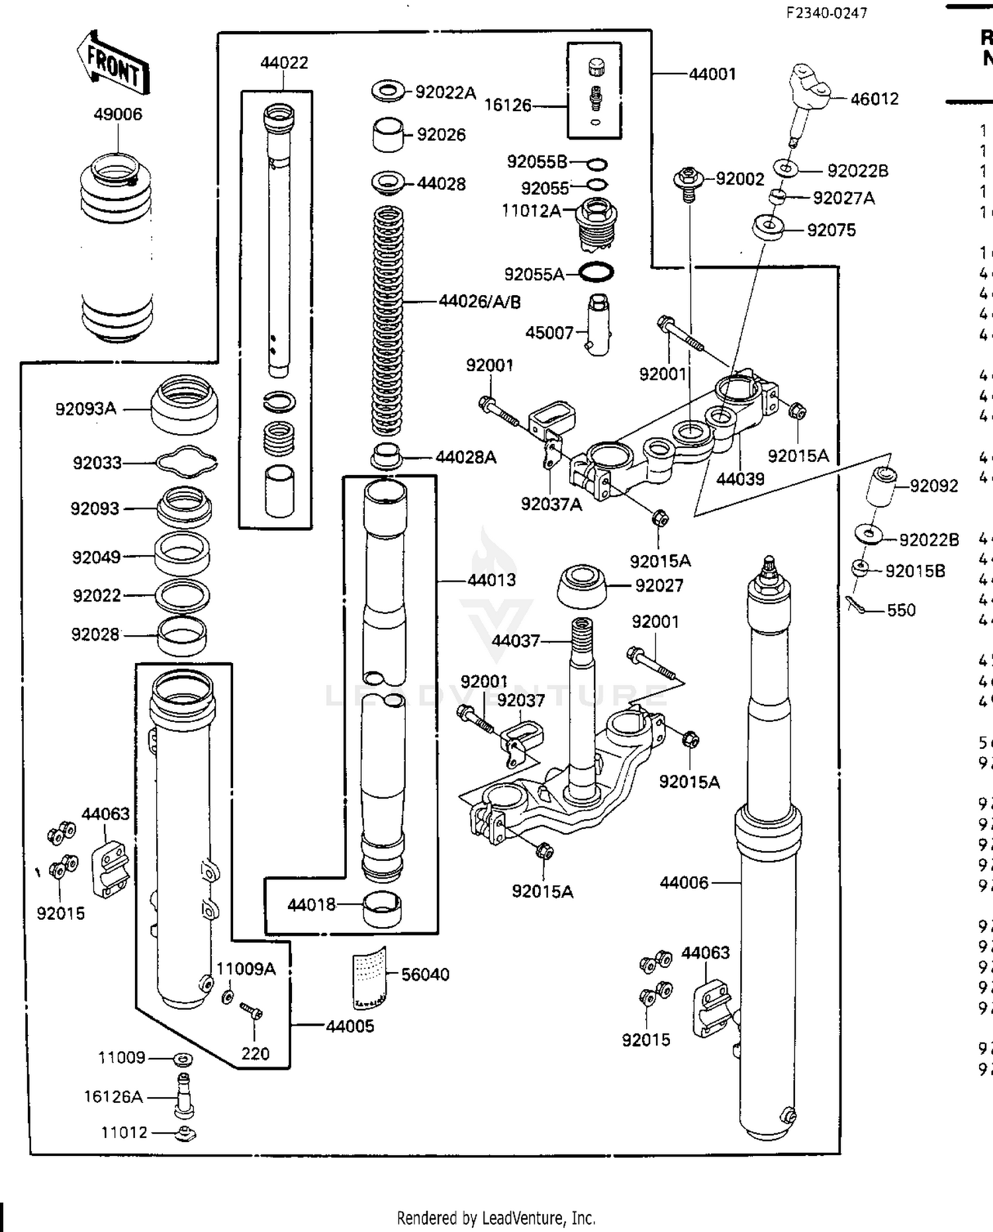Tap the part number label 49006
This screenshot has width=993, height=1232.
(x=118, y=114)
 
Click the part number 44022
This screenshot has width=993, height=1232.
(x=284, y=63)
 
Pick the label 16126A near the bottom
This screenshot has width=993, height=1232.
(x=113, y=1097)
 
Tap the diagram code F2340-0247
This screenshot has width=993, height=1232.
(x=826, y=13)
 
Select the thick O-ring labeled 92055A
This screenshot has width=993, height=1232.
(x=596, y=272)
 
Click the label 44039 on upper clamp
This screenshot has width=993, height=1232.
(x=740, y=478)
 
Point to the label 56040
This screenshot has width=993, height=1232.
(x=425, y=974)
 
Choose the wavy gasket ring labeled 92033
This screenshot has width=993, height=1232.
(x=187, y=462)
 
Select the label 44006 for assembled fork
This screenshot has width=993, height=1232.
(x=684, y=883)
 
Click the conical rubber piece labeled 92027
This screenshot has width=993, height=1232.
(x=582, y=586)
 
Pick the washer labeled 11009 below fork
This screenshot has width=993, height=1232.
(x=183, y=1059)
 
